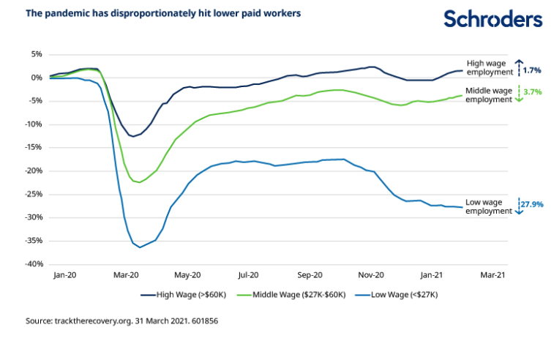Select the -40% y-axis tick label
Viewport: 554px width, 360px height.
(34, 264)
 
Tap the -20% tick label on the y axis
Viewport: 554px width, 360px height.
(34, 170)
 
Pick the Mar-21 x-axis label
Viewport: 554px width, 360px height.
(492, 276)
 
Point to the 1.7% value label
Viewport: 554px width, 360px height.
(532, 71)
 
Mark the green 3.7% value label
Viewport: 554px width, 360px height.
(532, 92)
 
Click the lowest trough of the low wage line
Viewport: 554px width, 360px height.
(140, 247)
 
